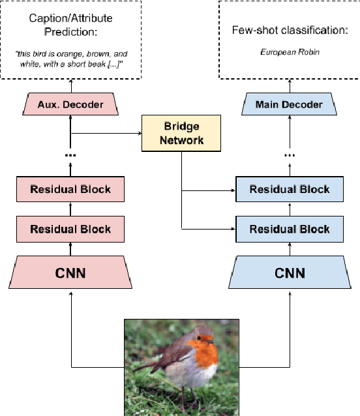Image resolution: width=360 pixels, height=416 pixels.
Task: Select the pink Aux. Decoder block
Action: [x=71, y=104]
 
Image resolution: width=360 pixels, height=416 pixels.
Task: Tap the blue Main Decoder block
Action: [x=288, y=104]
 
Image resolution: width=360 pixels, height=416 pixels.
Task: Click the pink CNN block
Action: [x=71, y=272]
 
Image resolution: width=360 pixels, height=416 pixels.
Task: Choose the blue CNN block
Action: [x=288, y=272]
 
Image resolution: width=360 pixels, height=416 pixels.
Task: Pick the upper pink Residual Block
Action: [x=71, y=190]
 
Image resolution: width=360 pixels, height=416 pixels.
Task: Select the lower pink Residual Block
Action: [x=71, y=229]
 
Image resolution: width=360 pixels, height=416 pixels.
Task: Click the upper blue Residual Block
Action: [x=289, y=190]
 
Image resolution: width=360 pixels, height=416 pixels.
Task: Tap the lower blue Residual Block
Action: [x=289, y=229]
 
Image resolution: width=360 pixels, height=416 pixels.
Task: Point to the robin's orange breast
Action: [x=205, y=355]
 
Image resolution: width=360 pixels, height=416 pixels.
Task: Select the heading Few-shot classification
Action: [x=288, y=31]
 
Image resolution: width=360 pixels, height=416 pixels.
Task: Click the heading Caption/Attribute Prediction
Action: [x=71, y=25]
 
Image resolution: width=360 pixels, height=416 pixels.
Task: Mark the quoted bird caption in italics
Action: [x=71, y=57]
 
